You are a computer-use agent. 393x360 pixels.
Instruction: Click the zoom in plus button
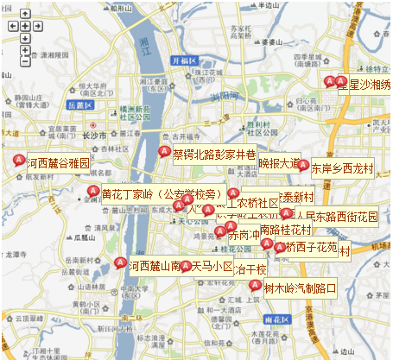25,39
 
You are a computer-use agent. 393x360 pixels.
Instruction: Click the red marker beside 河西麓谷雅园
20,160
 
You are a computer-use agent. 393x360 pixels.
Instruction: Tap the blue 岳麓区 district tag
80,104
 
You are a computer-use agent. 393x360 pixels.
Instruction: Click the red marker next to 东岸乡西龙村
303,165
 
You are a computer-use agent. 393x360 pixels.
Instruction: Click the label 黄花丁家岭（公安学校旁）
162,193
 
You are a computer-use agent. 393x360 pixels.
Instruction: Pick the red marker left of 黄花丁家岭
93,191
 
